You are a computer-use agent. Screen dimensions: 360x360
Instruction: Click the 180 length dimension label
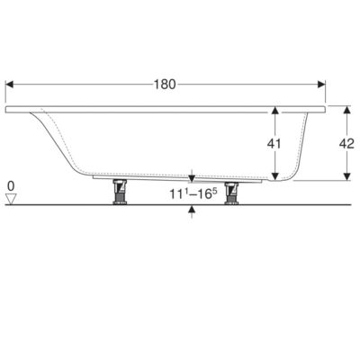165,85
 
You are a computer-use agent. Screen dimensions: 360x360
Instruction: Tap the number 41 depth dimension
274,144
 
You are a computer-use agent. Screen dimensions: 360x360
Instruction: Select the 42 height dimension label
346,144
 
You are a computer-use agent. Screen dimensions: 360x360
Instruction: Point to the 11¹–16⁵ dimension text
193,193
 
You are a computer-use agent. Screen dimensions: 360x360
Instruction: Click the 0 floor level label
11,186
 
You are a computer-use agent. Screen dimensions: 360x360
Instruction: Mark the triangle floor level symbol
11,199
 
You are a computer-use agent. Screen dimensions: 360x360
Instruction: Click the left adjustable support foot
120,192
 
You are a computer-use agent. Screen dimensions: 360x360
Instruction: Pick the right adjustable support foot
231,193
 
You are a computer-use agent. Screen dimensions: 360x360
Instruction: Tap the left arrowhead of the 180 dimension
10,85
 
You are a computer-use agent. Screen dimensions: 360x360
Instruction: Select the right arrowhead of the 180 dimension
321,85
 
